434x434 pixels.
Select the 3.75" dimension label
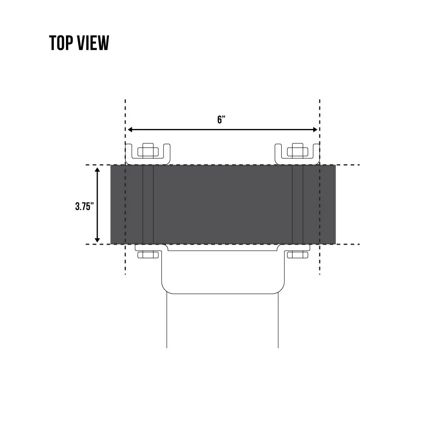point(84,206)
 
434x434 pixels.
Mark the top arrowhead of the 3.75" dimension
point(97,170)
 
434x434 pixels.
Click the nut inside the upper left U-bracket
point(148,151)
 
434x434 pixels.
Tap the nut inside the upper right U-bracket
point(297,151)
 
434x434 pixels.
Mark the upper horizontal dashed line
point(347,165)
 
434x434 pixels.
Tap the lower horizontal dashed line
point(347,244)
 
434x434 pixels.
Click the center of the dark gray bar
point(223,204)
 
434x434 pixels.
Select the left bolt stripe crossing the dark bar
point(148,204)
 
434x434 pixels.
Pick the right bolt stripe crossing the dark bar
point(297,204)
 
